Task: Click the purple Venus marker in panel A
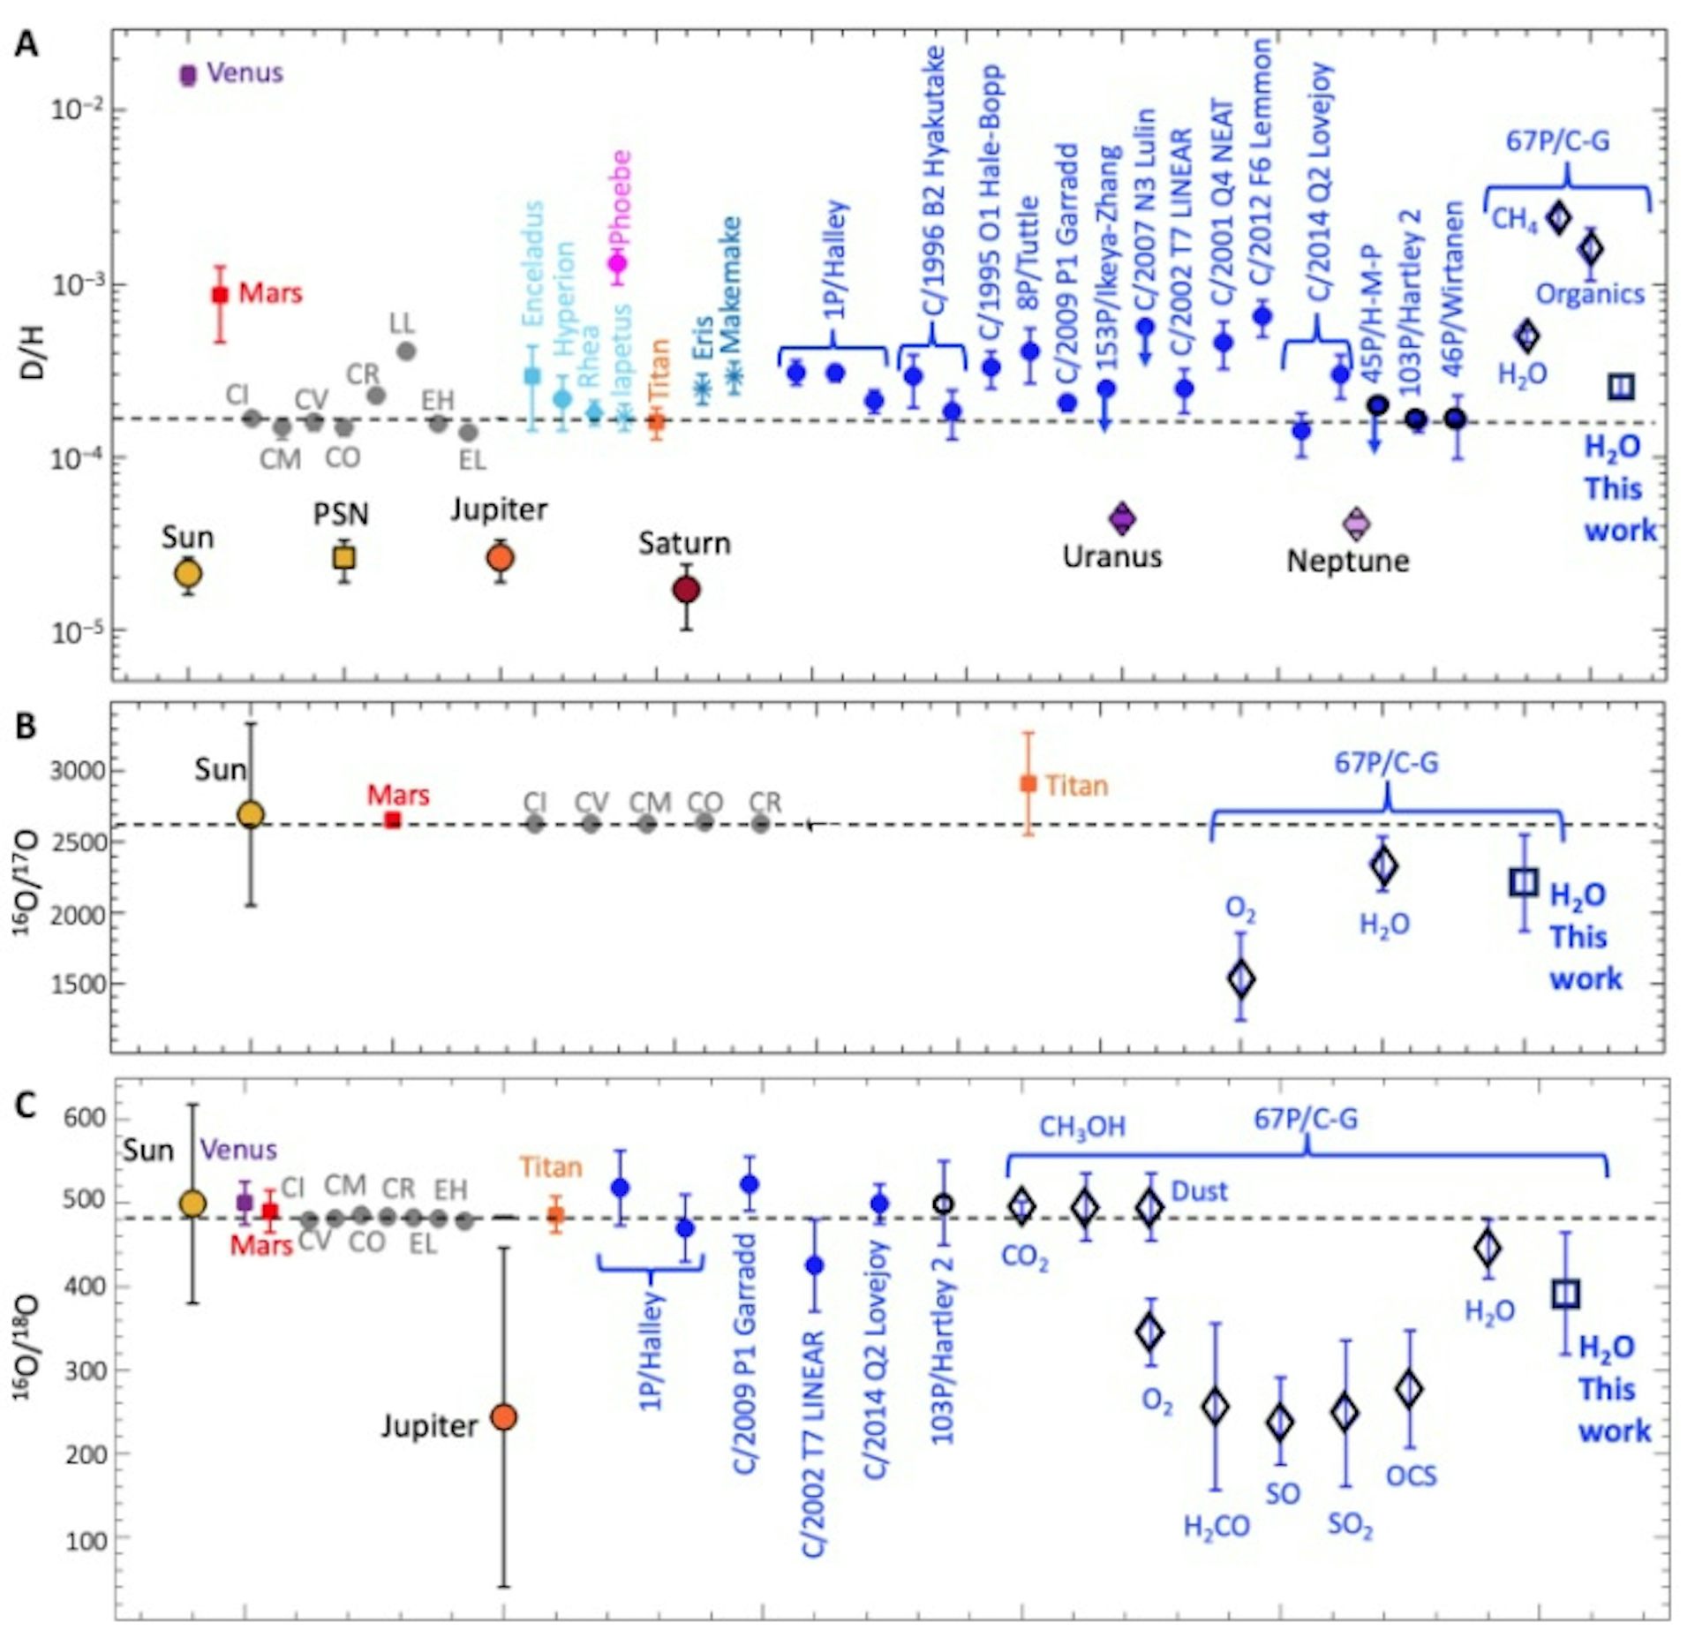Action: coord(187,75)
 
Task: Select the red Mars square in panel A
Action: coord(221,295)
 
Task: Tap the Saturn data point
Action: coord(687,590)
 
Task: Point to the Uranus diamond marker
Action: coord(1122,518)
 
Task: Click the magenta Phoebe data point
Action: coord(618,262)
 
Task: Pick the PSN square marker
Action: coord(344,557)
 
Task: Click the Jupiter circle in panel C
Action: coord(503,1417)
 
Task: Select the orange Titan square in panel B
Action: coord(1028,783)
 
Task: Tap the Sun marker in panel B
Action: coord(252,814)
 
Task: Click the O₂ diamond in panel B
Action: coord(1241,978)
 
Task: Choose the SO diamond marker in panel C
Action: coord(1280,1423)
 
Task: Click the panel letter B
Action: coord(26,726)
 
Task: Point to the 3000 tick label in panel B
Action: coord(78,770)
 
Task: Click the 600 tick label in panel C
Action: coord(86,1118)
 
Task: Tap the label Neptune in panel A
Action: coord(1347,561)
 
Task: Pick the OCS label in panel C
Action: coord(1411,1476)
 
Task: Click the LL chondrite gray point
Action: coord(406,351)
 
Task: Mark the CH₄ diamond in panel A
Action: coord(1559,217)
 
